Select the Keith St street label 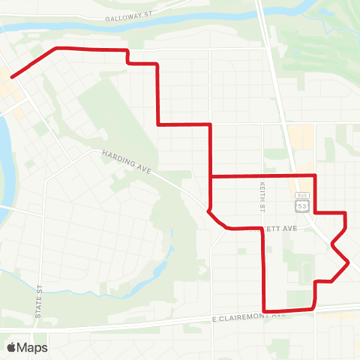(x=262, y=194)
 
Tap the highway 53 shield (x=301, y=205)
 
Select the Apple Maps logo (x=27, y=347)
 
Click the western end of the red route (x=12, y=76)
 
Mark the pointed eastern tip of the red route (x=349, y=262)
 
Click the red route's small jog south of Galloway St (x=128, y=57)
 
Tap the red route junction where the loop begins (x=211, y=177)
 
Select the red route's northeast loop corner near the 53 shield (x=314, y=176)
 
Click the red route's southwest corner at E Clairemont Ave (x=265, y=310)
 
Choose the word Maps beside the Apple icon (x=33, y=347)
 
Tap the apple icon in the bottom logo (x=11, y=347)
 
